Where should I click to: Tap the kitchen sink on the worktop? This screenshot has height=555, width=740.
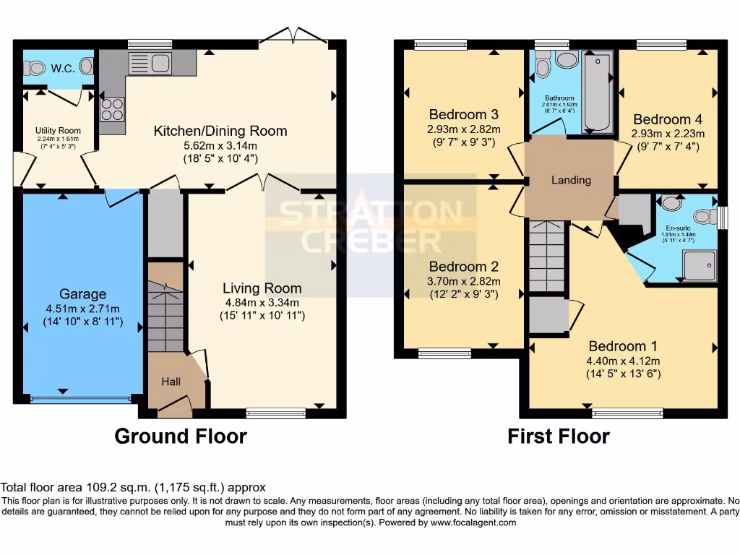coord(148,64)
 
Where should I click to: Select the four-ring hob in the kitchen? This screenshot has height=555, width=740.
coord(111,109)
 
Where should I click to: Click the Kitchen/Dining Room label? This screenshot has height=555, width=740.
coord(220,131)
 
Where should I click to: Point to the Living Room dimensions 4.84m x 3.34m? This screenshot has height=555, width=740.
coord(262,303)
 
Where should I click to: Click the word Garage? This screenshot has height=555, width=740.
coord(82,294)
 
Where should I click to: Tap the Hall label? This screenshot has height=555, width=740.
coord(171,381)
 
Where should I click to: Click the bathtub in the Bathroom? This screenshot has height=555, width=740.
coord(597,91)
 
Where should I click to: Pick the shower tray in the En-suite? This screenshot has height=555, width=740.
coord(699,264)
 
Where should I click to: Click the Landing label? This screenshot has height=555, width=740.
coord(572,180)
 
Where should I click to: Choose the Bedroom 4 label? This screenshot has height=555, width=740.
coord(667,119)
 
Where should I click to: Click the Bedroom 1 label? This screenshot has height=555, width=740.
coord(623,345)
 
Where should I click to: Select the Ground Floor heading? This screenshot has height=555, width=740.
coord(181,436)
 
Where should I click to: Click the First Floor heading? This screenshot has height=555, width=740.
coord(558,436)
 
